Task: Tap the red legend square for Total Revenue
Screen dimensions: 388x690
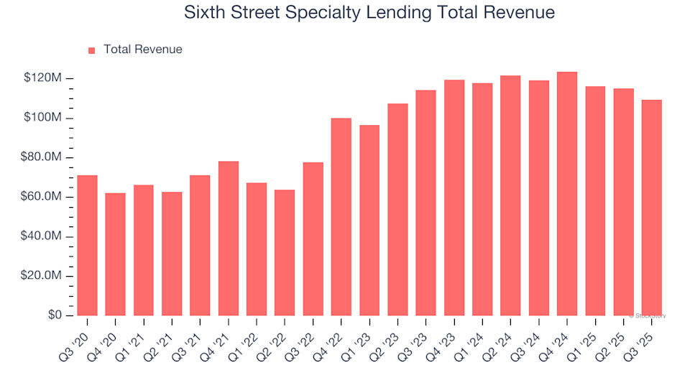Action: (x=91, y=50)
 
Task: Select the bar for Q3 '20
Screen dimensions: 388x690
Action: (x=87, y=245)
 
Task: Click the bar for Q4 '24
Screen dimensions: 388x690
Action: (x=567, y=193)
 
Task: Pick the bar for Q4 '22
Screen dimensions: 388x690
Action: (x=341, y=216)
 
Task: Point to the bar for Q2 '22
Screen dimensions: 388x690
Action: (x=285, y=252)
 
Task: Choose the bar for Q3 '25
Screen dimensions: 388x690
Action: (x=652, y=208)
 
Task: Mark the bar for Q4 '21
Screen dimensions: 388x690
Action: (x=229, y=238)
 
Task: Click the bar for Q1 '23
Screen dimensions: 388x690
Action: (x=369, y=220)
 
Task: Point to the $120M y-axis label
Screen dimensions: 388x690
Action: (x=43, y=78)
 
